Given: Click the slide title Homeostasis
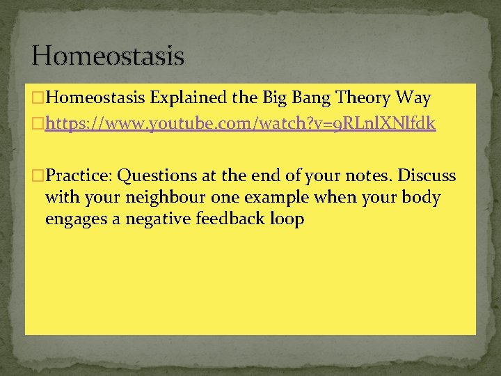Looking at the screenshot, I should (x=108, y=55).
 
